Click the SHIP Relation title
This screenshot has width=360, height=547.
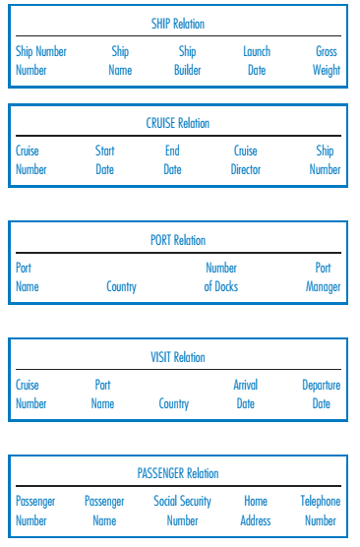pyautogui.click(x=178, y=24)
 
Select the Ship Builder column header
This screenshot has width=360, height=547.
pyautogui.click(x=187, y=60)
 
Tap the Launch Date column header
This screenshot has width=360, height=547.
pyautogui.click(x=257, y=60)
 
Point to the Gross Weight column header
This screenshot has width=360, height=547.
pyautogui.click(x=327, y=60)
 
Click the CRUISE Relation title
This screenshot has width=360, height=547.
pyautogui.click(x=178, y=123)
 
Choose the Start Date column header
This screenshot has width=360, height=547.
pyautogui.click(x=104, y=160)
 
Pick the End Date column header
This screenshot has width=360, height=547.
pyautogui.click(x=172, y=160)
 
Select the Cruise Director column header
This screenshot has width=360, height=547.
pyautogui.click(x=246, y=160)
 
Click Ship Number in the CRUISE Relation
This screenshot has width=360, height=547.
pyautogui.click(x=325, y=160)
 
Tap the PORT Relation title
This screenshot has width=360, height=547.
pyautogui.click(x=178, y=240)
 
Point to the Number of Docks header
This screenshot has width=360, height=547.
pyautogui.click(x=220, y=276)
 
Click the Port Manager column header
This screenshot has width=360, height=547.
pyautogui.click(x=323, y=276)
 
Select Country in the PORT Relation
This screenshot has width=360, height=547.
pyautogui.click(x=121, y=286)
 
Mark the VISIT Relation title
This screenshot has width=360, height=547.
pyautogui.click(x=178, y=357)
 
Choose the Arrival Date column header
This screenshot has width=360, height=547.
pyautogui.click(x=245, y=395)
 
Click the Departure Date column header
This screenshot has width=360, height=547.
pyautogui.click(x=321, y=395)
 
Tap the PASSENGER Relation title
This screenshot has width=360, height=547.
pyautogui.click(x=178, y=473)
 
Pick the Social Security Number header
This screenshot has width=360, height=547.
pyautogui.click(x=182, y=511)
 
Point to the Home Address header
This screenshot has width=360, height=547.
pyautogui.click(x=256, y=511)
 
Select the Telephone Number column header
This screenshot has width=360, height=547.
pyautogui.click(x=320, y=511)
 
